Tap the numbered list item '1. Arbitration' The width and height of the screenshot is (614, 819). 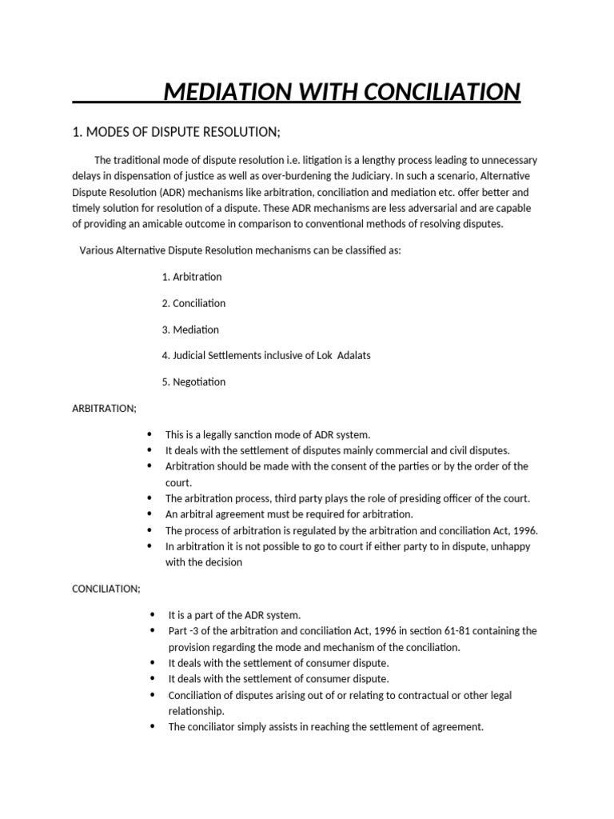(x=191, y=277)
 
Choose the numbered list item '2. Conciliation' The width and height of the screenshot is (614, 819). (x=193, y=303)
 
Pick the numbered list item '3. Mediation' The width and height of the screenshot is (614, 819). (x=189, y=330)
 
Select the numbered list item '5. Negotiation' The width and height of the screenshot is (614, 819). (x=193, y=382)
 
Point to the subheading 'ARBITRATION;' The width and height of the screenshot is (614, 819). (x=104, y=408)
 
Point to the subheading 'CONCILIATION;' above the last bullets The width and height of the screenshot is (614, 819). (x=106, y=589)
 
